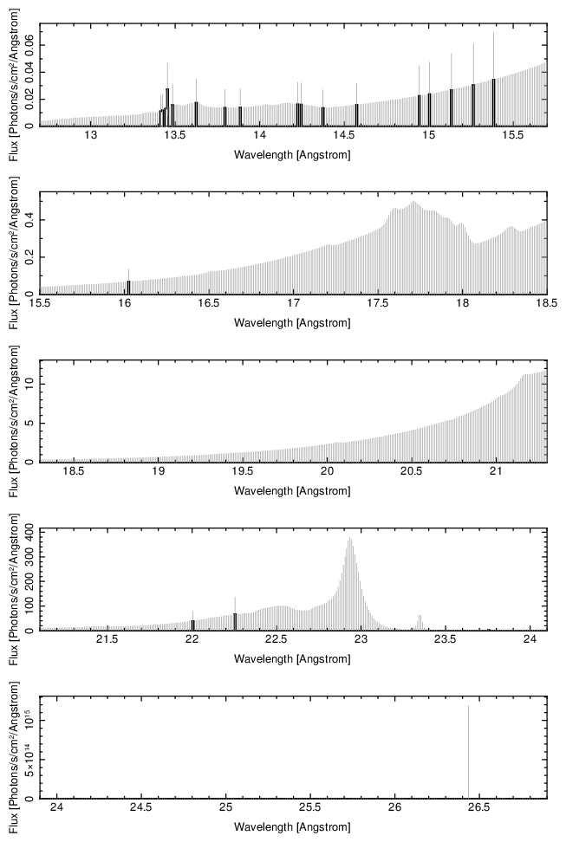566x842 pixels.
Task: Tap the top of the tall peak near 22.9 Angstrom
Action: [x=350, y=539]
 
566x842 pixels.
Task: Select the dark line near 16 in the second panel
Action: [x=128, y=287]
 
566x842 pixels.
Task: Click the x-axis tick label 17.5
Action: [x=378, y=305]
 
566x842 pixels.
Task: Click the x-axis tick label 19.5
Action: [x=243, y=473]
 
